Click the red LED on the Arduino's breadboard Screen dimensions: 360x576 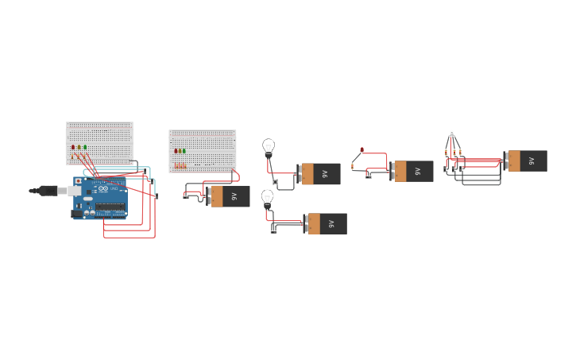tap(73, 147)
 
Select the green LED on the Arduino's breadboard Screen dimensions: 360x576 tap(85, 147)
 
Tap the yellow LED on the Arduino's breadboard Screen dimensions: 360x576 tap(79, 147)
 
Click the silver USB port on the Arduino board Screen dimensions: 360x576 tap(74, 191)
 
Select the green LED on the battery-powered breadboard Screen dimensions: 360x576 tap(184, 150)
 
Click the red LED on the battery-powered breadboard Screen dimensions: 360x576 tap(176, 150)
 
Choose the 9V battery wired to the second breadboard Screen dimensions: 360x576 tap(229, 195)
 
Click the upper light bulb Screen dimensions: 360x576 tap(269, 146)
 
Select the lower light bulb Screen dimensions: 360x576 tap(267, 196)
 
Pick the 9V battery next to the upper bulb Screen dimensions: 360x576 tap(319, 174)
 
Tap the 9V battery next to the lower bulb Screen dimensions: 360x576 tap(326, 223)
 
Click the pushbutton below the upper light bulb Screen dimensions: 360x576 tap(275, 182)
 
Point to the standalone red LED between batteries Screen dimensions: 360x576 tap(361, 149)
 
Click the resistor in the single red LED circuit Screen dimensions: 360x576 tap(352, 165)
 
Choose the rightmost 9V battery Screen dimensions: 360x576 tap(526, 161)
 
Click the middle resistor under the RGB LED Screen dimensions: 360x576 tap(454, 151)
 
